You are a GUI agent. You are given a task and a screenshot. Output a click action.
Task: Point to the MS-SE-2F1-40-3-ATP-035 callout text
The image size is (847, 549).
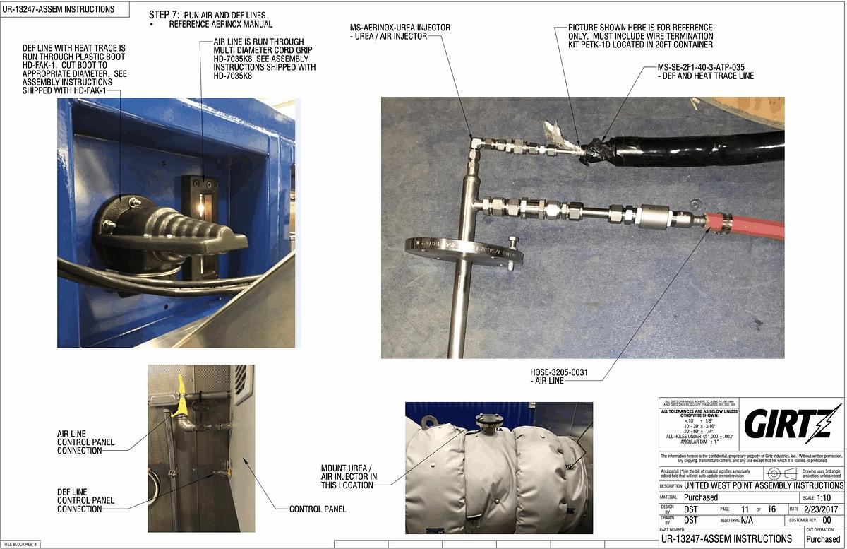706,71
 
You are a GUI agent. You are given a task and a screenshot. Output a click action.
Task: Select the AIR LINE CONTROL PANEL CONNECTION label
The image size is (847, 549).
85,442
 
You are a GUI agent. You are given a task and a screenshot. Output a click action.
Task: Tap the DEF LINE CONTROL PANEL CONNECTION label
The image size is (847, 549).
85,500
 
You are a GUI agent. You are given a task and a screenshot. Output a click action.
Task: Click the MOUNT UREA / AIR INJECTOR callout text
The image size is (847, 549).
349,476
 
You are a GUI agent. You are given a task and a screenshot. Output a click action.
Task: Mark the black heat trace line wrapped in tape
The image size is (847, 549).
699,146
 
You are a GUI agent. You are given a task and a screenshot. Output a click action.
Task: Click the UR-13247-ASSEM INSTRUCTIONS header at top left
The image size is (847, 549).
59,9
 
